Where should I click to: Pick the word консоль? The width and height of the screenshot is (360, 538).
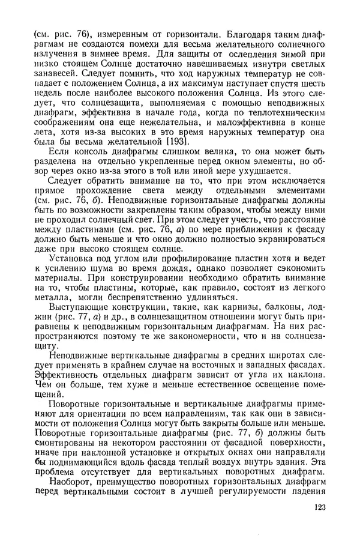coord(89,153)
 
